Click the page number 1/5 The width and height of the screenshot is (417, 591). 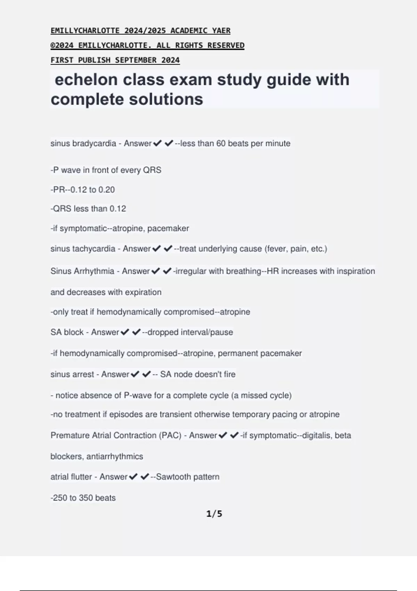pyautogui.click(x=214, y=514)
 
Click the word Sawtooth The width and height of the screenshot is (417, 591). pyautogui.click(x=172, y=477)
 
